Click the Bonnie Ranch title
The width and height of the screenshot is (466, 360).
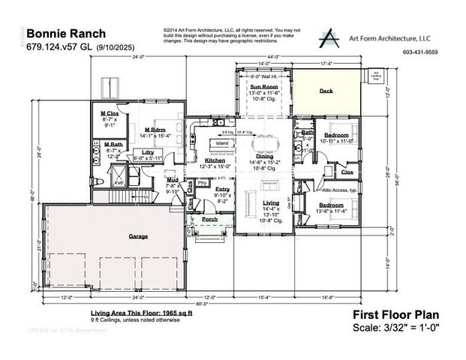tap(66, 34)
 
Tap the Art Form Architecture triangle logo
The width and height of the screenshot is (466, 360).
tap(328, 39)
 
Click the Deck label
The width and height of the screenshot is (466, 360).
tap(326, 90)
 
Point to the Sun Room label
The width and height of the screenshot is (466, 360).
tap(264, 87)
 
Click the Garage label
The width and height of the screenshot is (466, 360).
tap(138, 236)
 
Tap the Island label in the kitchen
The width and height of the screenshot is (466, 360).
tap(222, 143)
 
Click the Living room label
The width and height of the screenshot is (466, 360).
tap(270, 202)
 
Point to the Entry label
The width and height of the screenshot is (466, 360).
tap(223, 189)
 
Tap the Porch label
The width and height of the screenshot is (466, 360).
tap(209, 219)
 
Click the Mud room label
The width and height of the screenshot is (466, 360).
tap(172, 180)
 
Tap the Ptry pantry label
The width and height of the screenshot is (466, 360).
tap(202, 182)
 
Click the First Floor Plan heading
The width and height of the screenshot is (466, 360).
tap(395, 315)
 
